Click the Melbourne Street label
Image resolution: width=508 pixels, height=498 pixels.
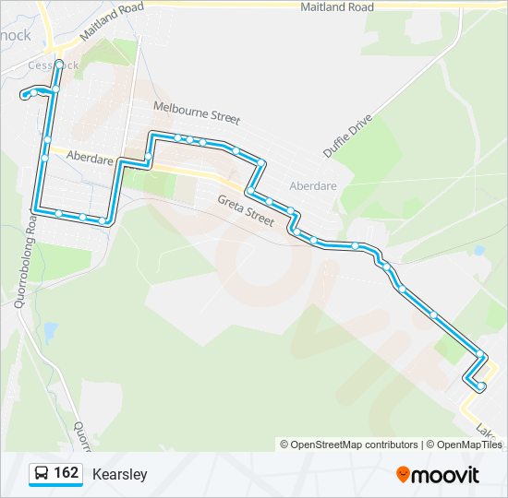click(197, 113)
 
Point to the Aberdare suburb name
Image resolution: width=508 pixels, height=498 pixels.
click(313, 185)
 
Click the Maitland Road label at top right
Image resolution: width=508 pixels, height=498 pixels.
click(337, 7)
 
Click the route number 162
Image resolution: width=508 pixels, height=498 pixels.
click(66, 473)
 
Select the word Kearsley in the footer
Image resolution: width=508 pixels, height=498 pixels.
click(119, 475)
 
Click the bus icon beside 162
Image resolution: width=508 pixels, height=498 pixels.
click(42, 474)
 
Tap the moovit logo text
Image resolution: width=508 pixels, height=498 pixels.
click(446, 476)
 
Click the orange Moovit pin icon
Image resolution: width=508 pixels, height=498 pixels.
click(403, 475)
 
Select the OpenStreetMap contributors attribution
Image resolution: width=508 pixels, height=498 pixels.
click(354, 445)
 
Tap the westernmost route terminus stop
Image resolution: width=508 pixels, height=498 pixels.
click(23, 95)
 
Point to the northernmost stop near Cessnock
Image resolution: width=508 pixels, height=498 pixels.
click(59, 64)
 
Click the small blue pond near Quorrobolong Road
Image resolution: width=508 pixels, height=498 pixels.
click(49, 329)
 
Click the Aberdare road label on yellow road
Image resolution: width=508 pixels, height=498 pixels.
click(89, 159)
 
